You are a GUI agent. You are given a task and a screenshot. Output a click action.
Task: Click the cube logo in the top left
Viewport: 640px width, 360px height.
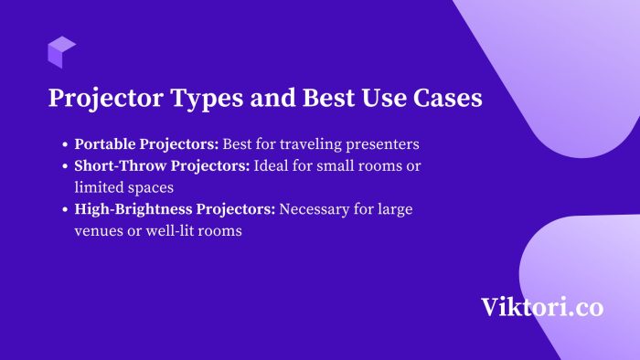tap(62, 52)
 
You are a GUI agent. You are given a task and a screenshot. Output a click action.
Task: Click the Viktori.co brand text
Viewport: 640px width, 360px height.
tap(542, 307)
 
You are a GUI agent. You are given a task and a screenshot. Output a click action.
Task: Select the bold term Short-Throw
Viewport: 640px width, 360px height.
tap(118, 165)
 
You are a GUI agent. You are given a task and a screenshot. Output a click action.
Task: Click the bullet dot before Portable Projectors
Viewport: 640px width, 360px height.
tap(65, 145)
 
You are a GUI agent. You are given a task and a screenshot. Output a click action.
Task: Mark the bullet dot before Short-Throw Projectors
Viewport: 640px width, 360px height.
tap(65, 166)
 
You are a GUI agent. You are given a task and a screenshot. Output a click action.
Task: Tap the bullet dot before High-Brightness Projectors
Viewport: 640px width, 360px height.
tap(65, 210)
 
